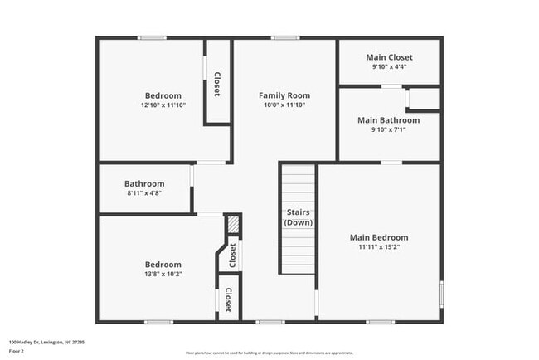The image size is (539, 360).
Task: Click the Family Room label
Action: pyautogui.click(x=284, y=95)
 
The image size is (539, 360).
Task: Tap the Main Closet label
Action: pyautogui.click(x=389, y=57)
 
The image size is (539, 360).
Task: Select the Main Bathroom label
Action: pyautogui.click(x=388, y=120)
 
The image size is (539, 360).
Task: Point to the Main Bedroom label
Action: pyautogui.click(x=378, y=237)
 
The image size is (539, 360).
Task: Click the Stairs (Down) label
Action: pyautogui.click(x=298, y=217)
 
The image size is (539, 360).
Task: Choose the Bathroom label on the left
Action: pyautogui.click(x=144, y=183)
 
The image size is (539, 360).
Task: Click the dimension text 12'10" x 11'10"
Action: pyautogui.click(x=163, y=105)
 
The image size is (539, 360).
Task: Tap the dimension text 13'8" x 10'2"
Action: pyautogui.click(x=163, y=274)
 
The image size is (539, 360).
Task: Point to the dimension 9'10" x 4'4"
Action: pyautogui.click(x=389, y=66)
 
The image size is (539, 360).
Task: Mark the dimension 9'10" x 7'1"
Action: pyautogui.click(x=388, y=129)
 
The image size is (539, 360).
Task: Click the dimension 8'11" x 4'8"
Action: pyautogui.click(x=144, y=192)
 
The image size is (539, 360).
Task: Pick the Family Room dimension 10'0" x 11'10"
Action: pyautogui.click(x=284, y=105)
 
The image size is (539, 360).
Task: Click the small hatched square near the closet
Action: pyautogui.click(x=234, y=224)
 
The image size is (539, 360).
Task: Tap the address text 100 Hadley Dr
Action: pyautogui.click(x=46, y=341)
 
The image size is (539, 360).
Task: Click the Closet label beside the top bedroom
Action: pyautogui.click(x=217, y=85)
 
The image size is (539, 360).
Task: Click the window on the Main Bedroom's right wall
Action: pyautogui.click(x=441, y=294)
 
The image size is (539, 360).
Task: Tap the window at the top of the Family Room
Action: pyautogui.click(x=284, y=37)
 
